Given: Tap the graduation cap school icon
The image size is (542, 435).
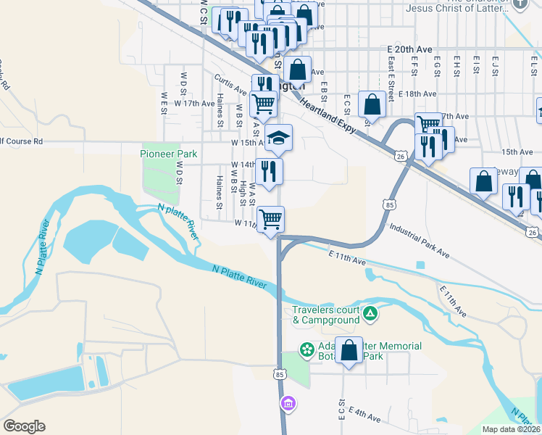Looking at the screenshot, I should pos(278,136).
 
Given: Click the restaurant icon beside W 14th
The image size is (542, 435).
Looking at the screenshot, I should pos(269,171).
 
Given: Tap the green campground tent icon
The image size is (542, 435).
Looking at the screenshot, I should pos(370,314).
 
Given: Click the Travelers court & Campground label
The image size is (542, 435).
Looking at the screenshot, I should pos(326,315).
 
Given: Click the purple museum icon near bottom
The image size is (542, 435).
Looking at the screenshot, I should pos(288,403).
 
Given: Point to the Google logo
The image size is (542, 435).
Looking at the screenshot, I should pos(24,426).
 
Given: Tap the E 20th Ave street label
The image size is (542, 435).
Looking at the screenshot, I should pos(409,49).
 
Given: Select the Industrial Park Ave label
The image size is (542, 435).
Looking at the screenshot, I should pos(420,241).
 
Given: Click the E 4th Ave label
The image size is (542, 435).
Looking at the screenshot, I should pos(364,413).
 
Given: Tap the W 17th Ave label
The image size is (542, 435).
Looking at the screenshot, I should pos(190,104).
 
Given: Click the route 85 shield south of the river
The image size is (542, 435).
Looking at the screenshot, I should pos(280,374).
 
